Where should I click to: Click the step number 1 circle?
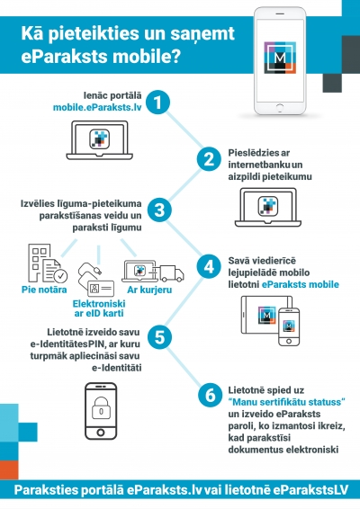pos(158,103)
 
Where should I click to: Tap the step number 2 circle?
pos(208,159)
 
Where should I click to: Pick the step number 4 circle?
pos(208,268)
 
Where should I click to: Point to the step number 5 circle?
pos(158,337)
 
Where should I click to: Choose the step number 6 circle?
pos(208,393)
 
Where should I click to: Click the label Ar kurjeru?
pos(143,291)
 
